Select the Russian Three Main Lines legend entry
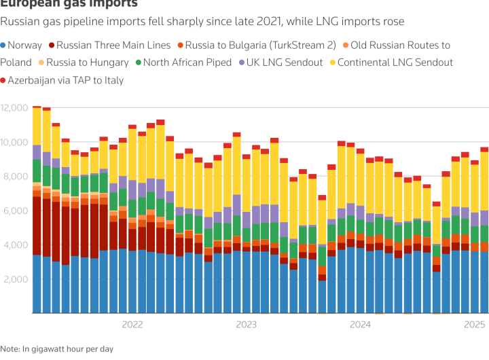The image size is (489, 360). tap(109, 46)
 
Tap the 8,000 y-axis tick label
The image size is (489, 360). tap(15, 177)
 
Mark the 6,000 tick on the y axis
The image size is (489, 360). tap(15, 211)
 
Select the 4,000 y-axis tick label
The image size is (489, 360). tap(15, 245)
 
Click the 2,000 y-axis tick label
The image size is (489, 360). tap(15, 279)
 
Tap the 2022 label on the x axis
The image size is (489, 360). tap(132, 325)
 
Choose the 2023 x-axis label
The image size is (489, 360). tap(246, 325)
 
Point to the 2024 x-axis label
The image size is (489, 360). tap(360, 325)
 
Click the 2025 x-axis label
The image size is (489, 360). tap(474, 325)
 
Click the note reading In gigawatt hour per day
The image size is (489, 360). tap(58, 349)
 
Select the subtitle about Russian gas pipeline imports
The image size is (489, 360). tap(202, 22)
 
